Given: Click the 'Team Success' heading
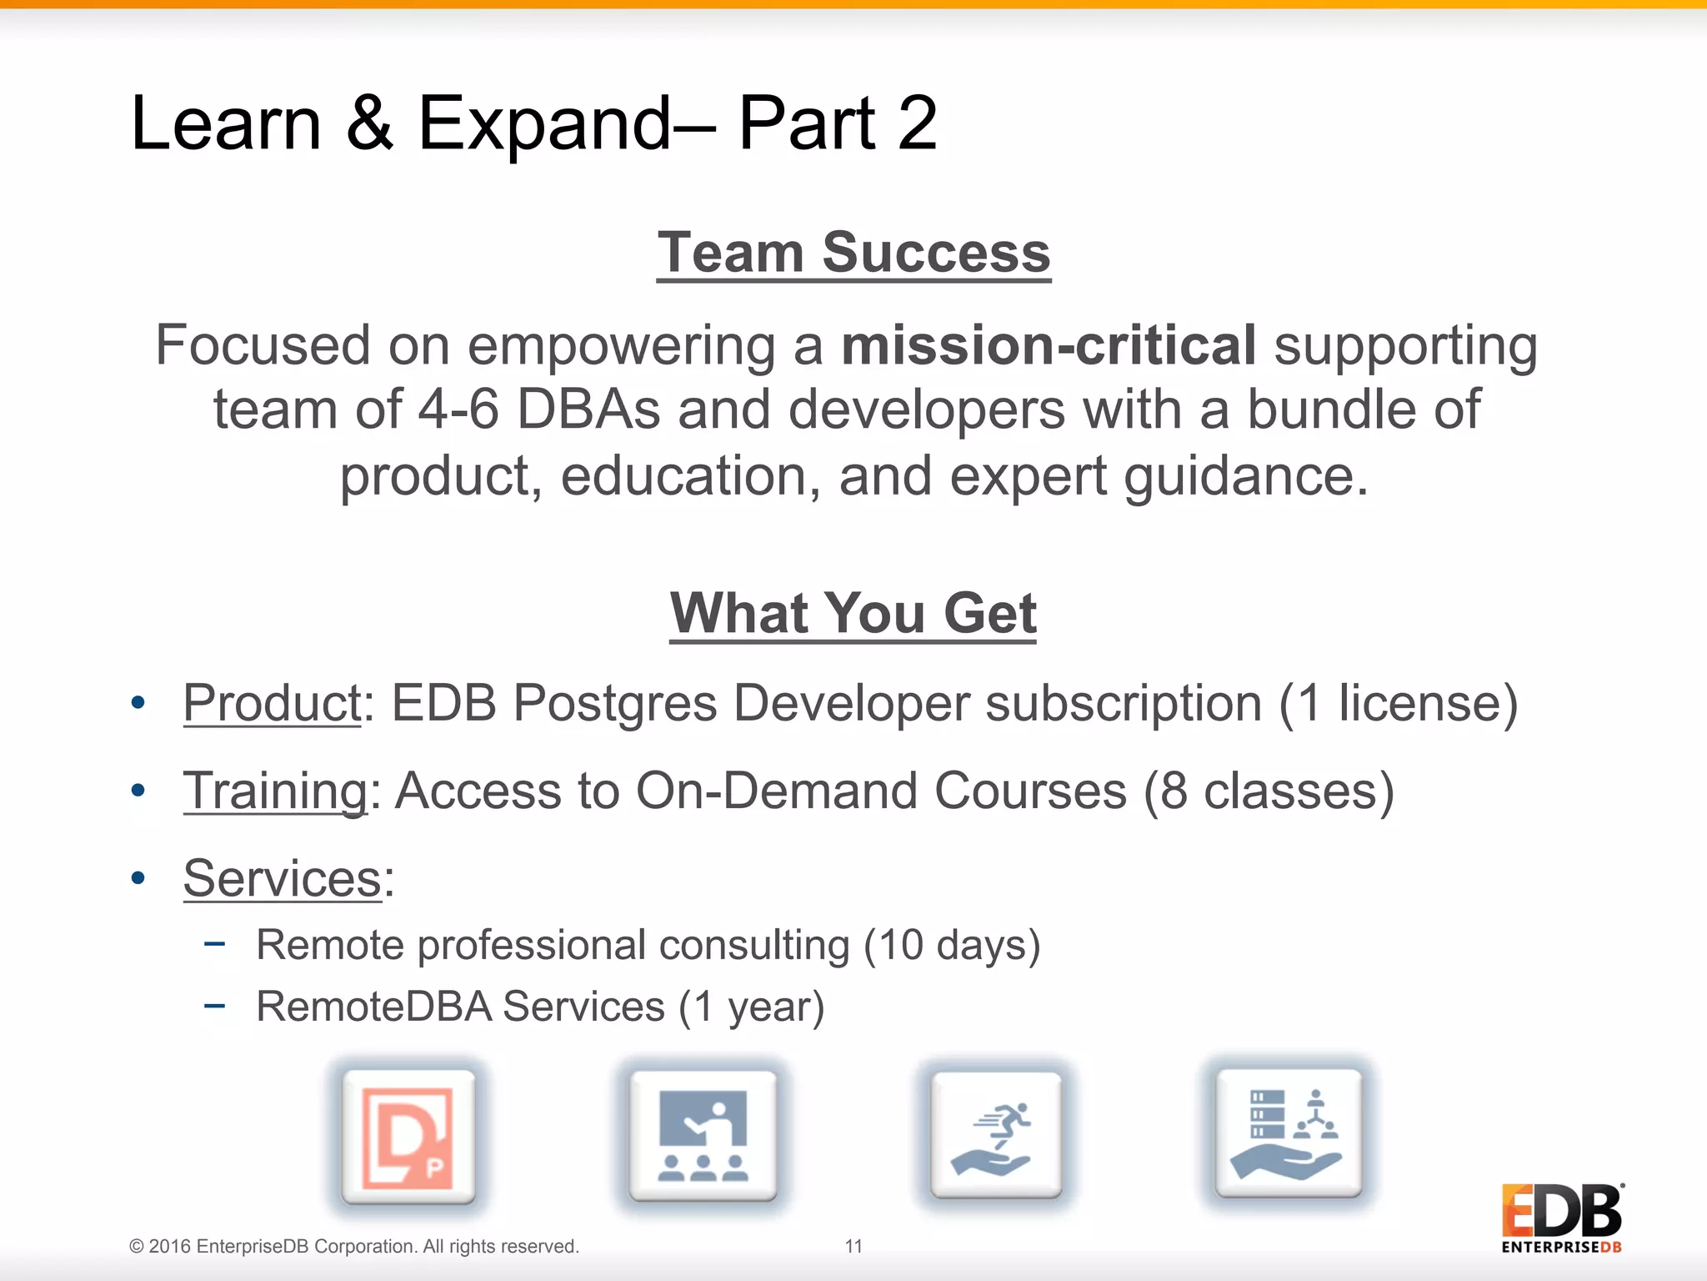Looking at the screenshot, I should point(853,252).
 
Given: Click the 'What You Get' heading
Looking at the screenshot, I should point(853,613).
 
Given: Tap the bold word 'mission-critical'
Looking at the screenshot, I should point(1049,345).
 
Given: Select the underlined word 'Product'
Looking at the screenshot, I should point(272,703).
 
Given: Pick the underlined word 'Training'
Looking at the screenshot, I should point(275,791).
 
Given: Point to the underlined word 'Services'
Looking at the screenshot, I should point(283,878).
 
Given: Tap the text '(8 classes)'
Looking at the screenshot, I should point(1269,791).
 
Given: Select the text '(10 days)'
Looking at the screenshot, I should point(952,946).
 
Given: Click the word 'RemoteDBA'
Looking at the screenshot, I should point(374,1007).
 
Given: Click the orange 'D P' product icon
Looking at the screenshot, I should point(408,1137).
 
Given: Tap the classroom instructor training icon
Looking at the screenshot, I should point(703,1137).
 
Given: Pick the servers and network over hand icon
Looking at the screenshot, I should point(1289,1133).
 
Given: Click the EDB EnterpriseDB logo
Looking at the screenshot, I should point(1562,1218).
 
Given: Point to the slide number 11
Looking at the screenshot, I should point(853,1246).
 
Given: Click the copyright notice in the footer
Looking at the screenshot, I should point(354,1246).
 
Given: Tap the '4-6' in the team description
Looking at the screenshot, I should point(458,410).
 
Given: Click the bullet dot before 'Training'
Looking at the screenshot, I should point(138,790).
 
